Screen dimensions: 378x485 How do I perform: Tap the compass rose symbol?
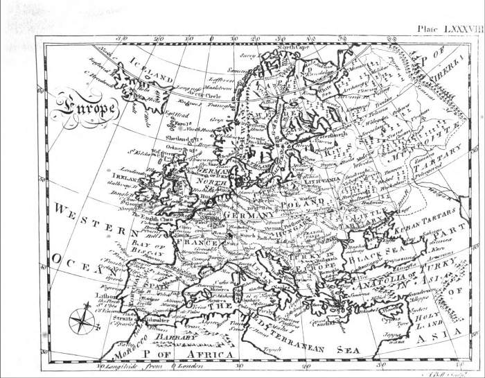click(79, 320)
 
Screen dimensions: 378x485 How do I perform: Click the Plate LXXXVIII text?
click(449, 30)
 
